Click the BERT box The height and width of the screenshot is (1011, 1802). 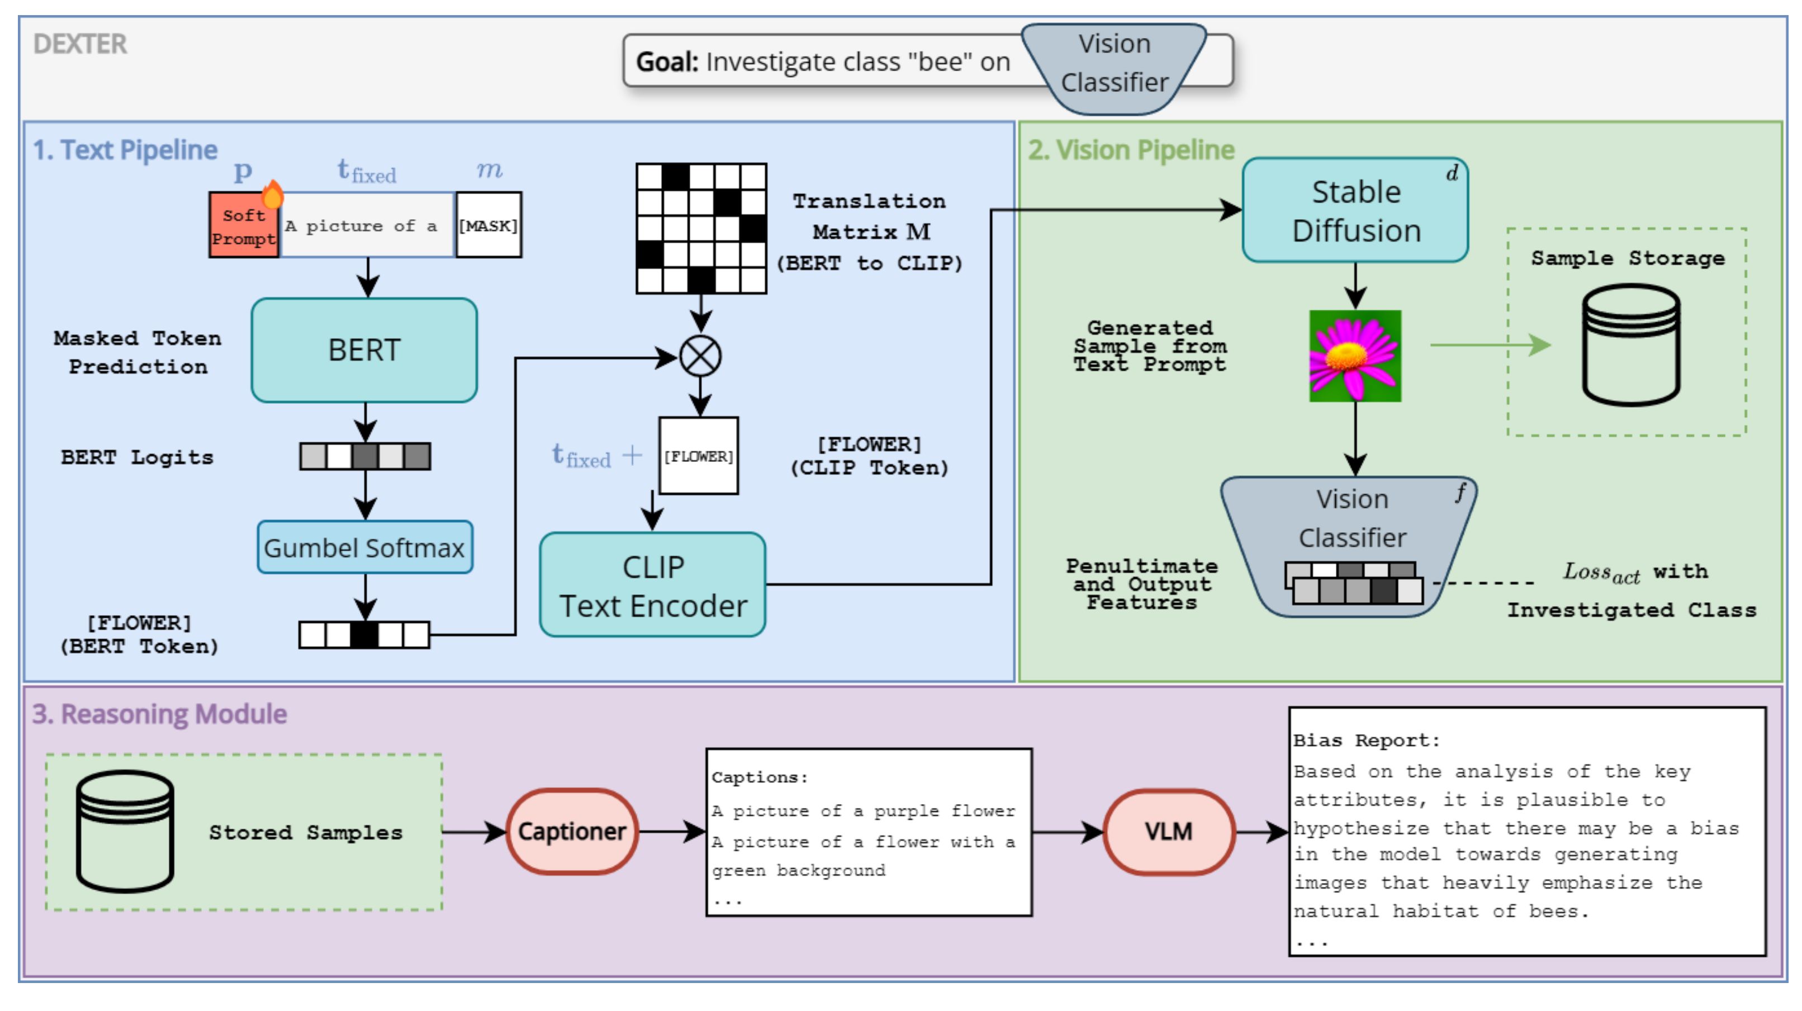click(364, 350)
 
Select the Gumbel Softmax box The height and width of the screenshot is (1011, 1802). click(364, 547)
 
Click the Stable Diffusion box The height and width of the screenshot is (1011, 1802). click(1355, 211)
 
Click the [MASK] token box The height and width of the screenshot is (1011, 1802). click(489, 225)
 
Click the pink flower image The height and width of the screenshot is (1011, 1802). click(1355, 356)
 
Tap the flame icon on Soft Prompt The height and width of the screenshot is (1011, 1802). click(272, 194)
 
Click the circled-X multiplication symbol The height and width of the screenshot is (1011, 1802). click(700, 356)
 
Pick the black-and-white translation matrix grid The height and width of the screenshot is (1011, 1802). click(701, 228)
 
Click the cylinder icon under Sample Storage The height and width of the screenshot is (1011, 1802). click(1630, 345)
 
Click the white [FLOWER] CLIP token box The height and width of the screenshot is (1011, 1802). click(698, 456)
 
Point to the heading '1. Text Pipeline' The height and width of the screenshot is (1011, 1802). click(125, 150)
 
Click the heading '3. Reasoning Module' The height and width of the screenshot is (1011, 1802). click(159, 714)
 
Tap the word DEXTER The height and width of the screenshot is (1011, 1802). click(80, 44)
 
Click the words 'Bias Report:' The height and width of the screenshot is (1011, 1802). click(1366, 740)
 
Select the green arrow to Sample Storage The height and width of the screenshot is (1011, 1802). click(1490, 344)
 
